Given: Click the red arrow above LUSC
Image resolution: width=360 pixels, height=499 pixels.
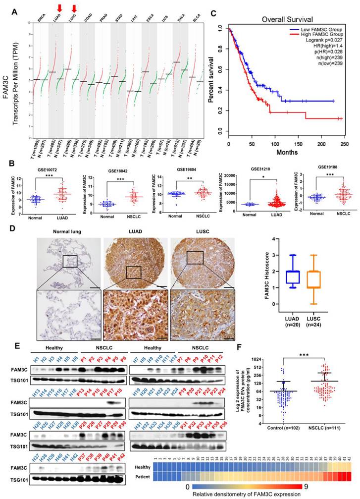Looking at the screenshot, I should point(74,7).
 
